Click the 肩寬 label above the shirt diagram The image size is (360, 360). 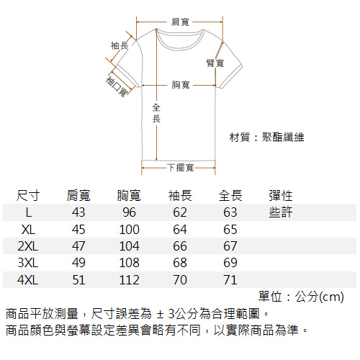tap(180, 22)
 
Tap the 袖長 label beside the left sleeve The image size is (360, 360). tap(120, 45)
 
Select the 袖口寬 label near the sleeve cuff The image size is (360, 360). tap(117, 86)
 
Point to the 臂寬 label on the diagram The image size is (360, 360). tap(215, 63)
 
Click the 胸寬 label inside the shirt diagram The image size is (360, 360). tap(181, 85)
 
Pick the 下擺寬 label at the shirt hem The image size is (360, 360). tap(181, 168)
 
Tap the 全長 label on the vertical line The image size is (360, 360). tap(156, 113)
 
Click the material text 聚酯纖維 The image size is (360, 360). tap(283, 138)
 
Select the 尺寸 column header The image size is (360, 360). tap(28, 195)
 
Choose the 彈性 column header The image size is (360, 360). tap(281, 195)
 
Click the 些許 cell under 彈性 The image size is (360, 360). tap(281, 212)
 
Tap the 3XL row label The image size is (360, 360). tap(28, 263)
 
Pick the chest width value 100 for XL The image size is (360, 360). tap(129, 230)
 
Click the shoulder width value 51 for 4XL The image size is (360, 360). tap(78, 280)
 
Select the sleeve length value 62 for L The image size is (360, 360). tap(180, 212)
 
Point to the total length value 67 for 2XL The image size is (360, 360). tap(230, 246)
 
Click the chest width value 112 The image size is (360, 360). tap(129, 280)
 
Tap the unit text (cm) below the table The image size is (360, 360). tap(332, 297)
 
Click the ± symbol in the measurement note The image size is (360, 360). tap(160, 314)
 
